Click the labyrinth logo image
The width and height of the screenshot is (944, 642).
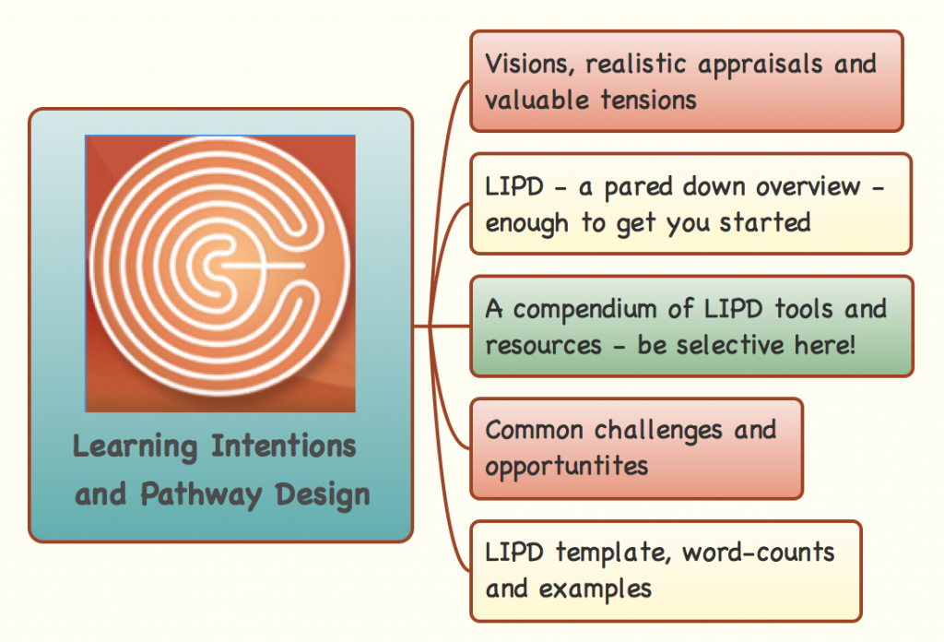coord(220,273)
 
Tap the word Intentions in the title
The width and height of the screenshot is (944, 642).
coord(283,446)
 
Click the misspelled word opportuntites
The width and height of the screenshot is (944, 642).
coord(567,466)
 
